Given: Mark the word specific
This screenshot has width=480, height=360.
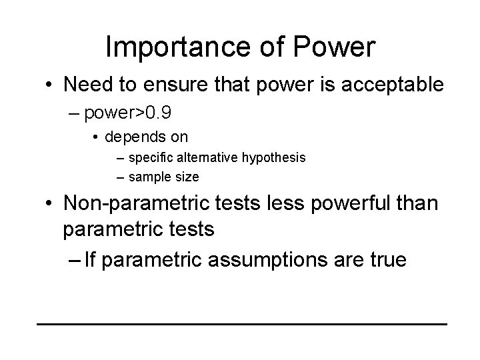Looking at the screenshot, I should coord(147,158).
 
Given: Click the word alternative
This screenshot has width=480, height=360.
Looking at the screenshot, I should coord(197,158).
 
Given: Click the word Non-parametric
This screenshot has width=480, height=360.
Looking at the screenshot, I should coord(136,205).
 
